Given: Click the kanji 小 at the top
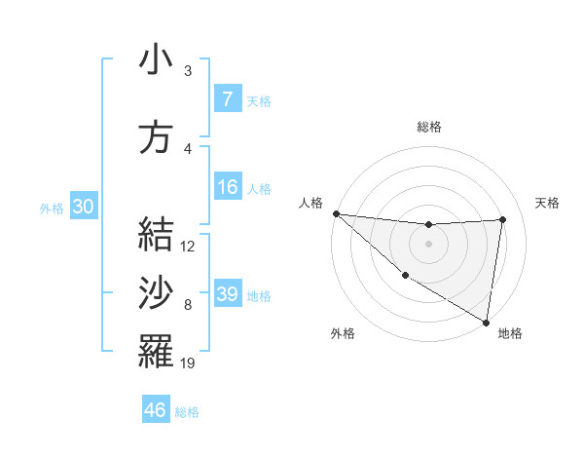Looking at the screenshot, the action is pyautogui.click(x=156, y=60).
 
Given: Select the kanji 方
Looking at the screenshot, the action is pyautogui.click(x=156, y=137).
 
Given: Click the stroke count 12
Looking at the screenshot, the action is pyautogui.click(x=189, y=247).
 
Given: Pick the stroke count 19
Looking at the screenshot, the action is pyautogui.click(x=189, y=363).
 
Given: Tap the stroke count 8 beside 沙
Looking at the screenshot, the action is pyautogui.click(x=188, y=306).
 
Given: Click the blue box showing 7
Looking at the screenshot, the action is pyautogui.click(x=227, y=98).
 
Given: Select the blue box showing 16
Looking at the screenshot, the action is pyautogui.click(x=227, y=187).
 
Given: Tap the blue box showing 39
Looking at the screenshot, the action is pyautogui.click(x=227, y=294).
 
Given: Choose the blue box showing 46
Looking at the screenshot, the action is pyautogui.click(x=155, y=410).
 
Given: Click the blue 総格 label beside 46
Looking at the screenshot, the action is pyautogui.click(x=188, y=412).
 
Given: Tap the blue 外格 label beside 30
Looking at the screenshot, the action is pyautogui.click(x=52, y=208).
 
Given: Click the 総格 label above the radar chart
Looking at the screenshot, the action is pyautogui.click(x=428, y=127).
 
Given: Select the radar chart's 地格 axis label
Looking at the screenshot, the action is pyautogui.click(x=510, y=333).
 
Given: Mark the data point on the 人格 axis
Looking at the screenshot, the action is pyautogui.click(x=336, y=213).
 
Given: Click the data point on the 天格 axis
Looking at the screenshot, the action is pyautogui.click(x=502, y=219).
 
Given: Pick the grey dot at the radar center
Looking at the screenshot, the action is pyautogui.click(x=428, y=244).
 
